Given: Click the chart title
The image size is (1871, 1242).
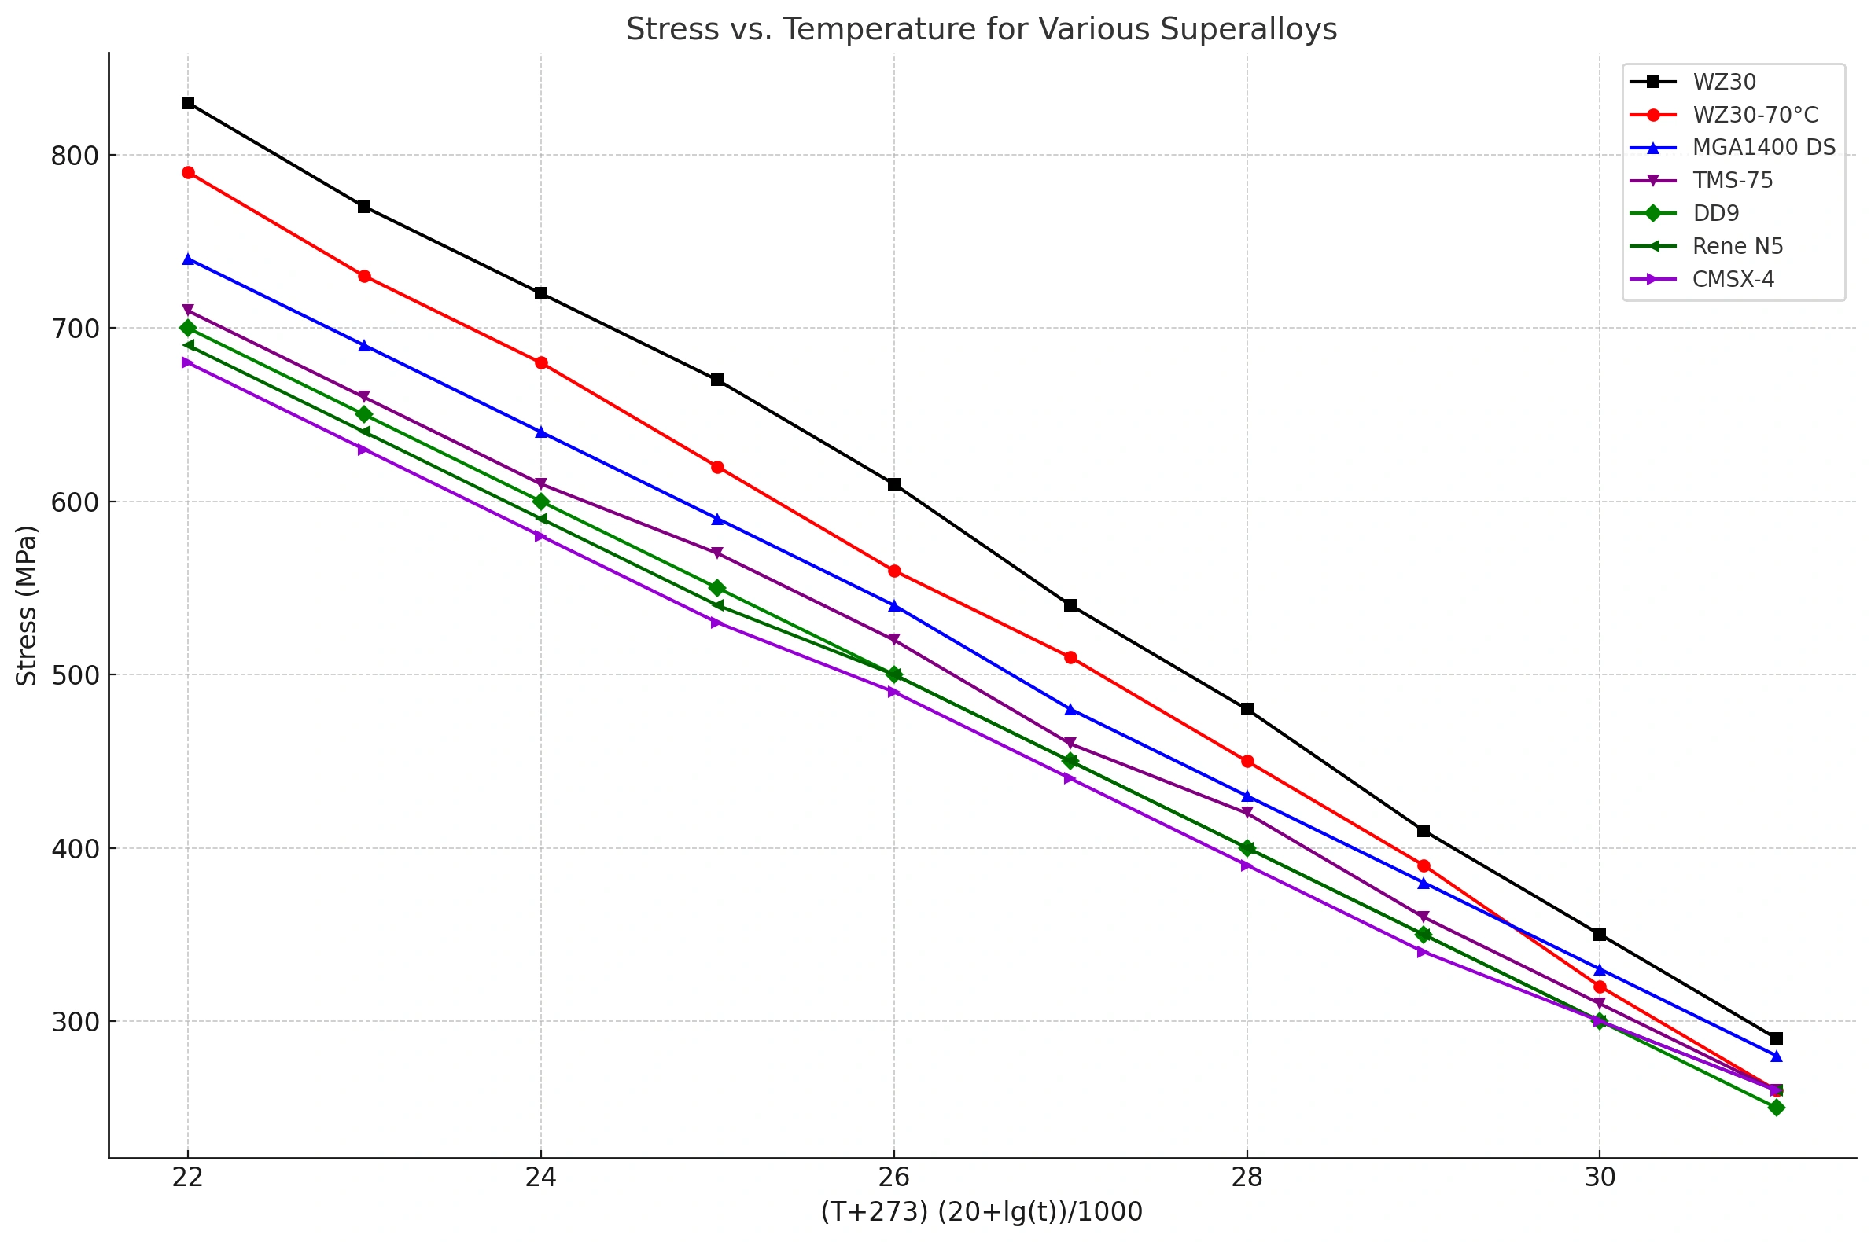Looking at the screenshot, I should (981, 29).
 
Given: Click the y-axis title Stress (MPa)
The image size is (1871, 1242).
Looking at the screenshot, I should (27, 605).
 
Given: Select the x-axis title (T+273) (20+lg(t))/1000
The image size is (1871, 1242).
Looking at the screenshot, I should (981, 1212).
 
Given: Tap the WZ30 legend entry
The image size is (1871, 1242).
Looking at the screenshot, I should (1724, 83).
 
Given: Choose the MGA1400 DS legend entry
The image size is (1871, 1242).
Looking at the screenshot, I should (1763, 148).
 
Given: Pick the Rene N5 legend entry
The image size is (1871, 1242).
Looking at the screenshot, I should (1737, 246).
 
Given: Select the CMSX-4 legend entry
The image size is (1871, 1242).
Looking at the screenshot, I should (1733, 280).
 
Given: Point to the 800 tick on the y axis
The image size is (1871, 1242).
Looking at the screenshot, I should (75, 156).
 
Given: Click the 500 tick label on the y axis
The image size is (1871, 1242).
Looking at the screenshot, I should (75, 676).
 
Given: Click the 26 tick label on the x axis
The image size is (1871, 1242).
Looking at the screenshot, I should (894, 1178).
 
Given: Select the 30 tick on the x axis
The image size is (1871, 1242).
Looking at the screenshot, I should (1599, 1178).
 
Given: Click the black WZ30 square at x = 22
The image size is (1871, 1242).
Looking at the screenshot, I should (188, 103).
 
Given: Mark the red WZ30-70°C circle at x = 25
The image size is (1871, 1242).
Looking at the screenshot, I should (717, 468).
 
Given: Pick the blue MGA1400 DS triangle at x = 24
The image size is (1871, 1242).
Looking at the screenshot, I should (541, 432).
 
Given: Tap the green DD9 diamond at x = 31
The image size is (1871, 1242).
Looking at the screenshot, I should (1776, 1108).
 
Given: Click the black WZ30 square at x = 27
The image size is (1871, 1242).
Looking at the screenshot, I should (1070, 605).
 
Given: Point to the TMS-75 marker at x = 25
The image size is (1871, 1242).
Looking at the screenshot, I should (717, 553).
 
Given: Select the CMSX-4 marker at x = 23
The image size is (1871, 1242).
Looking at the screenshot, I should (363, 450).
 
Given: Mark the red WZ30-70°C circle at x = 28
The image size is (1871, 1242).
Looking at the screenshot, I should (1247, 761).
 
